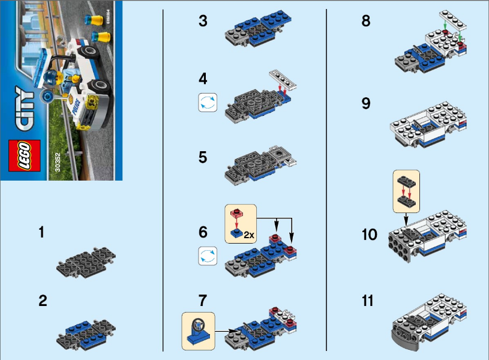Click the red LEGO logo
click(x=24, y=155)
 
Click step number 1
click(x=41, y=232)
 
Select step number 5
click(x=203, y=157)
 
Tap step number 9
click(x=366, y=103)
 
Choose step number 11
click(x=367, y=300)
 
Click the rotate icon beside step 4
click(x=206, y=103)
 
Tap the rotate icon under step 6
click(x=206, y=257)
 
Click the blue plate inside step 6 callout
click(x=238, y=233)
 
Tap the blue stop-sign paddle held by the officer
click(x=45, y=95)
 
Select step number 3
click(x=203, y=22)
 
